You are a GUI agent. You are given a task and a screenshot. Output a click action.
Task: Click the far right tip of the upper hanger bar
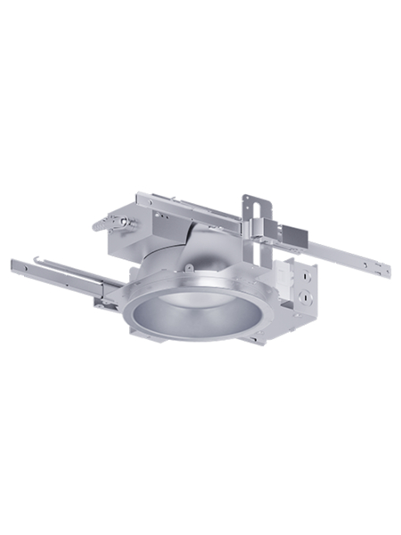tap(389, 271)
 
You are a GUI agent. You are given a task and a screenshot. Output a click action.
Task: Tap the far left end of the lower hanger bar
tap(13, 263)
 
